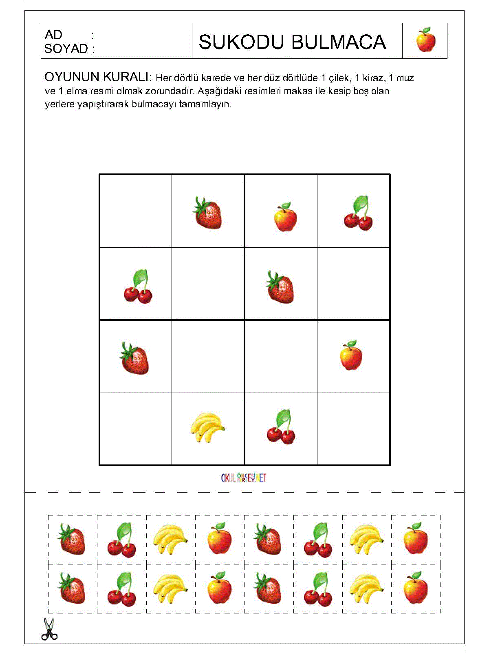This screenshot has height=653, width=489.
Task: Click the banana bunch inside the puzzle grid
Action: point(207,427)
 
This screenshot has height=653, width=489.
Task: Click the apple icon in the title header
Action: point(425,40)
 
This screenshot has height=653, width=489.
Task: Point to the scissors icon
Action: point(49,629)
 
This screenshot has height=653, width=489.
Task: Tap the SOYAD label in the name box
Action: point(66,49)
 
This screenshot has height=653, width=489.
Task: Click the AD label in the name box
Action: point(53,35)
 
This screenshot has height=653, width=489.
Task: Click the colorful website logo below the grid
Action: point(244,478)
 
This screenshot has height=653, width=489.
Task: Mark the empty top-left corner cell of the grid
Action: point(136,211)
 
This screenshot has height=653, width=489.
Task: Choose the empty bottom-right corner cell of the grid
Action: point(353,429)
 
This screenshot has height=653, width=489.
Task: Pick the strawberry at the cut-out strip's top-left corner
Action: point(72,540)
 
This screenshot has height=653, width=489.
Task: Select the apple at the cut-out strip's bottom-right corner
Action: point(416,588)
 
